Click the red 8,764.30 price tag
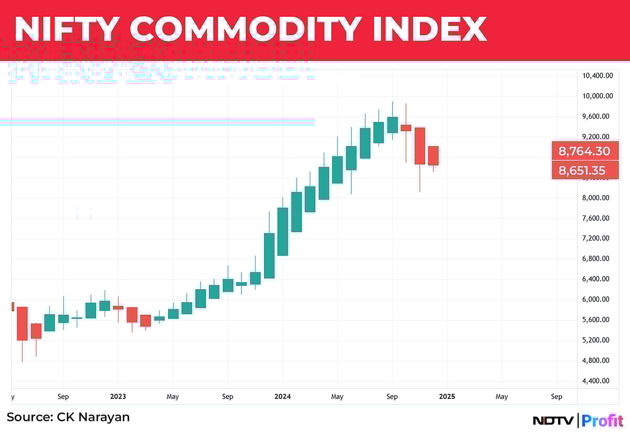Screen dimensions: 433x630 pos(584,152)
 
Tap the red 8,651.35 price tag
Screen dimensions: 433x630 pos(584,171)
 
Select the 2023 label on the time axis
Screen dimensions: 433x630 pos(118,397)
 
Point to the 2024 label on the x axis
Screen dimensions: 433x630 pos(282,397)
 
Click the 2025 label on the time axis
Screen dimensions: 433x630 pos(447,397)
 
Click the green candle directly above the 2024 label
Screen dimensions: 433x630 pos(282,231)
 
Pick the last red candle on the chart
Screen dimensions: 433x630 pos(433,156)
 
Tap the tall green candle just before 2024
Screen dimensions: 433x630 pos(269,255)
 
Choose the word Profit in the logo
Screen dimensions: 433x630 pos(603,421)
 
